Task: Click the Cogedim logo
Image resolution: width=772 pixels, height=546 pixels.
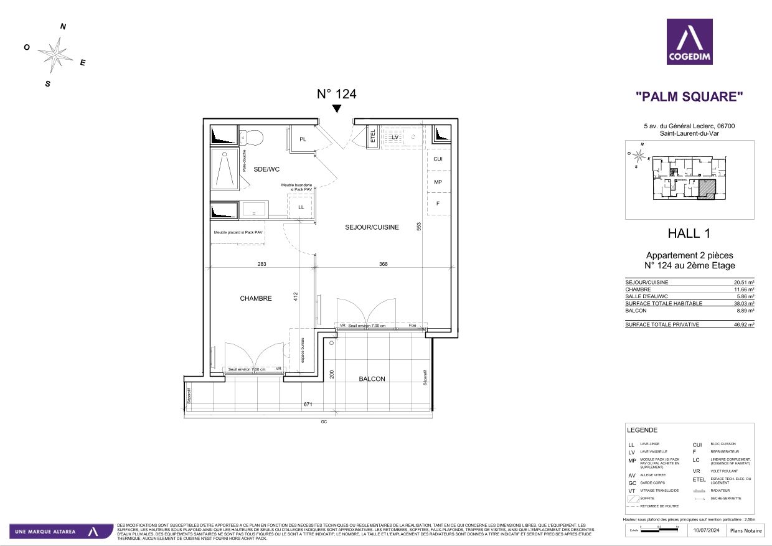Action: pyautogui.click(x=689, y=42)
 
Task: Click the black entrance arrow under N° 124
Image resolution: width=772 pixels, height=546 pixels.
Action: pyautogui.click(x=337, y=109)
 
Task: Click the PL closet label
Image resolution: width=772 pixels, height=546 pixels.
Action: pyautogui.click(x=303, y=139)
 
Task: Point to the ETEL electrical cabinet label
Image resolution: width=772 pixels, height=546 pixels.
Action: pyautogui.click(x=373, y=137)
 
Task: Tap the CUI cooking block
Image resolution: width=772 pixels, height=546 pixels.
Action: pyautogui.click(x=438, y=159)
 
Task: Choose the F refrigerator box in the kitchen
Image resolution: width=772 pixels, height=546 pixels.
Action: pyautogui.click(x=438, y=204)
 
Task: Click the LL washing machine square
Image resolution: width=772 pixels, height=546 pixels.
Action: pyautogui.click(x=301, y=207)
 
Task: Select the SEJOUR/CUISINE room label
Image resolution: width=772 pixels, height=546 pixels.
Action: pyautogui.click(x=372, y=227)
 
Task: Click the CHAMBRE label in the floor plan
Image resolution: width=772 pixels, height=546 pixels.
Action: pyautogui.click(x=256, y=298)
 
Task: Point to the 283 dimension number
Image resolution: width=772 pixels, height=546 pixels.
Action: pyautogui.click(x=261, y=264)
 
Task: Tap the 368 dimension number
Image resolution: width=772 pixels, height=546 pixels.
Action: pyautogui.click(x=384, y=264)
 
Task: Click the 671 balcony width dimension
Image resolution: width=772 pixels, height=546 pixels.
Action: pyautogui.click(x=308, y=405)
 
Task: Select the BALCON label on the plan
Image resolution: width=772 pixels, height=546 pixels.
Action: pyautogui.click(x=372, y=379)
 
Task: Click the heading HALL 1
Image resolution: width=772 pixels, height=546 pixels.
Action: pyautogui.click(x=689, y=233)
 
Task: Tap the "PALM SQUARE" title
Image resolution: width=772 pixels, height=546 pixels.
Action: pyautogui.click(x=689, y=96)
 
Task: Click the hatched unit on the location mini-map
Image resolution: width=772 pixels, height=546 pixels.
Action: pyautogui.click(x=706, y=190)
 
